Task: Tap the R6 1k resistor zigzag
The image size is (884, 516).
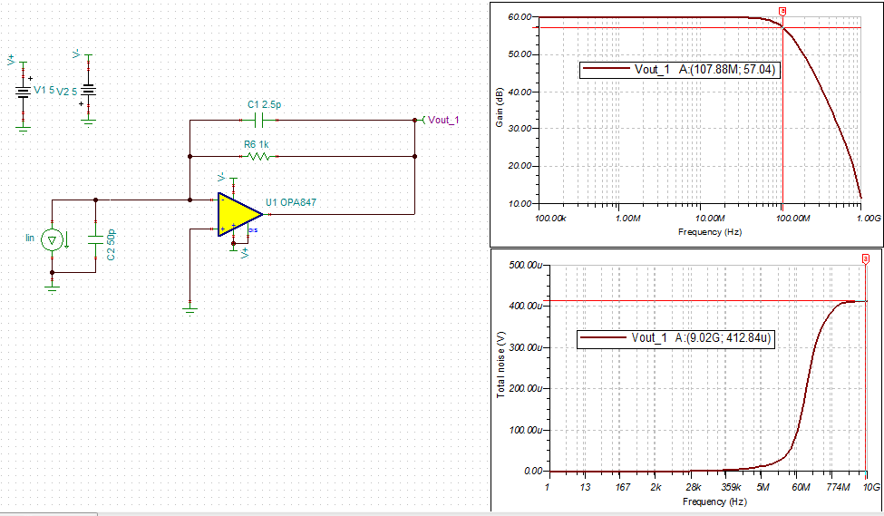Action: [258, 156]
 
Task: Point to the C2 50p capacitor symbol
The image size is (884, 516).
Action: [95, 239]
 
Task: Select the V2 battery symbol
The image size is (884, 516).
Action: [89, 90]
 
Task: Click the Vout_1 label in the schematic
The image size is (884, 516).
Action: [443, 120]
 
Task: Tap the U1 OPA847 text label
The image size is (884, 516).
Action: [291, 202]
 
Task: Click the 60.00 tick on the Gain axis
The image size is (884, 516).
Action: [520, 17]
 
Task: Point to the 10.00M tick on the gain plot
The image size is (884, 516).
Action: [709, 219]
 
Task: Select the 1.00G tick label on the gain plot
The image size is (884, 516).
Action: [869, 219]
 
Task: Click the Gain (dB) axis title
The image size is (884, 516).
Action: [499, 107]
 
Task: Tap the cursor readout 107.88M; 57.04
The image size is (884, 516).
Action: [727, 69]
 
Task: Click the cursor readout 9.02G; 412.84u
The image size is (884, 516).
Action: [723, 337]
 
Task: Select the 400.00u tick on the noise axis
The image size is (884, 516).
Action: [525, 306]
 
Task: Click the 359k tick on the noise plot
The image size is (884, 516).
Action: [731, 487]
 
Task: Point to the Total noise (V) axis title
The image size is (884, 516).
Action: [500, 365]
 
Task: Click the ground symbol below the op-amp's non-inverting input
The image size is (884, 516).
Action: [190, 309]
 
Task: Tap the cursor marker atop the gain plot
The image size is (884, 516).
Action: [782, 11]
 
